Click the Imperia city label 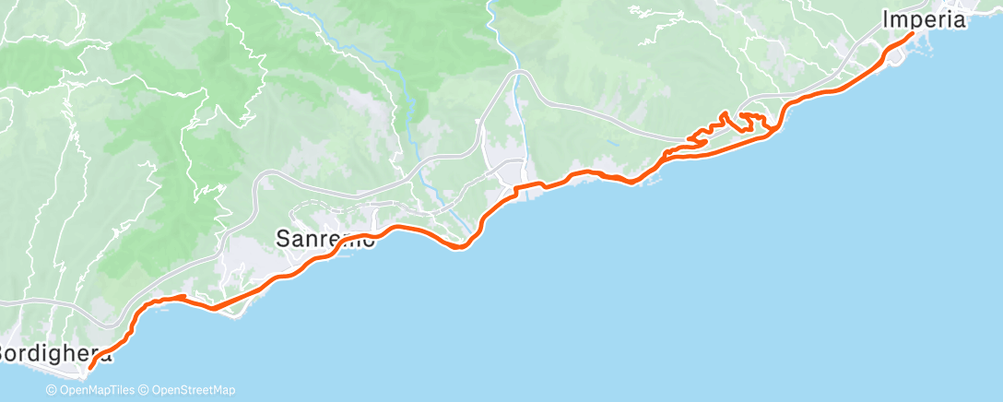[923, 18]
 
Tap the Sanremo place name [325, 239]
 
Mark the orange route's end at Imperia [912, 34]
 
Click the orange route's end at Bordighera [89, 369]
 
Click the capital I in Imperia [887, 18]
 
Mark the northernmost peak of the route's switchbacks [726, 113]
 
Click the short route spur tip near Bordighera [184, 297]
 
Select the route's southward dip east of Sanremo [458, 246]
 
